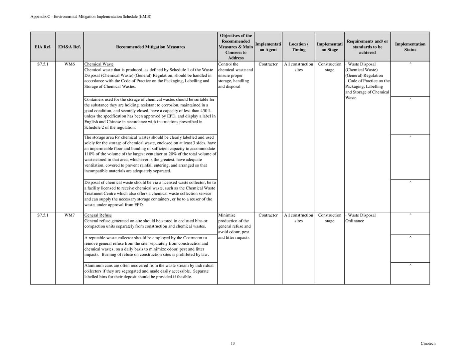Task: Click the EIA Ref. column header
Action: click(x=43, y=47)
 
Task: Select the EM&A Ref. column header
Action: click(x=70, y=47)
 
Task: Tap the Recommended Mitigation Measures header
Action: click(x=150, y=47)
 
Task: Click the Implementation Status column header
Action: click(x=410, y=47)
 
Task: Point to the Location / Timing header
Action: click(x=298, y=47)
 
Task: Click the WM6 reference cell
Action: click(x=70, y=64)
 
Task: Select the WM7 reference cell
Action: click(x=70, y=215)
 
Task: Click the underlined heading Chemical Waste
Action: click(x=99, y=64)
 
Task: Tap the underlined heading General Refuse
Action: click(x=98, y=215)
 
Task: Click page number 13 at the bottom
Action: click(x=233, y=343)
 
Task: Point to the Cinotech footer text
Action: click(x=428, y=343)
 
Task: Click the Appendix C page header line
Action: click(x=91, y=16)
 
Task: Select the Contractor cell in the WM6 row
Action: click(x=268, y=64)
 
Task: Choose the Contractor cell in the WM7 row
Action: click(x=268, y=215)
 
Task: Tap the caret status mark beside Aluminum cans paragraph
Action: click(x=410, y=265)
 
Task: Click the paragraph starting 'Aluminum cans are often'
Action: click(x=149, y=271)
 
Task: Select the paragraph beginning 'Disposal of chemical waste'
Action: click(x=150, y=193)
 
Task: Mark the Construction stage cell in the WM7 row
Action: click(x=330, y=218)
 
